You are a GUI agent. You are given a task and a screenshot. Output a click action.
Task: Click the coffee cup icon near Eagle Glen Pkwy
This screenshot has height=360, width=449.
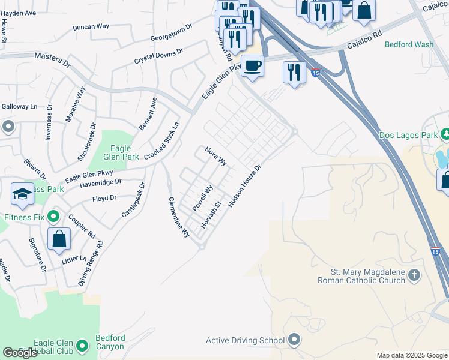[252, 65]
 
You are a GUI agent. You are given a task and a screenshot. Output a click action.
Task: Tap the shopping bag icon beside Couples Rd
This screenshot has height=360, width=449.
[59, 238]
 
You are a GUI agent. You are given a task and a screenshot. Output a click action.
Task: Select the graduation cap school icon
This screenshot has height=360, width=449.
[22, 193]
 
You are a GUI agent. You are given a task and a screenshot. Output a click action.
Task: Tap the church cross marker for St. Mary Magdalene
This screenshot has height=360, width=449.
[414, 276]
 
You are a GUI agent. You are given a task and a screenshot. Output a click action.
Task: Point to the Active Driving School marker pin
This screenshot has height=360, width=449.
[294, 340]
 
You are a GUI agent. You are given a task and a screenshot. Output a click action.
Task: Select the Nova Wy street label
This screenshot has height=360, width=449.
[215, 156]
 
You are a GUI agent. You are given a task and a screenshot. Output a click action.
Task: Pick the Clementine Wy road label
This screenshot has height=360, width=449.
[178, 217]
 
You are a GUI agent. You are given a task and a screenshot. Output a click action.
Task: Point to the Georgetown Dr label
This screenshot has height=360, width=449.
[170, 32]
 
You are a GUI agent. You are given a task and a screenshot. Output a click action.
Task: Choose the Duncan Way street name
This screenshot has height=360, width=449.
[91, 27]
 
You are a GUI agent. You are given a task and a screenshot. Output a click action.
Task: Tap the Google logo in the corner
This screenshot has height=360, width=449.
[20, 353]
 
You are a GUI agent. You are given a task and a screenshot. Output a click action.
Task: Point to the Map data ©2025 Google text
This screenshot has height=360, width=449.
[411, 355]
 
